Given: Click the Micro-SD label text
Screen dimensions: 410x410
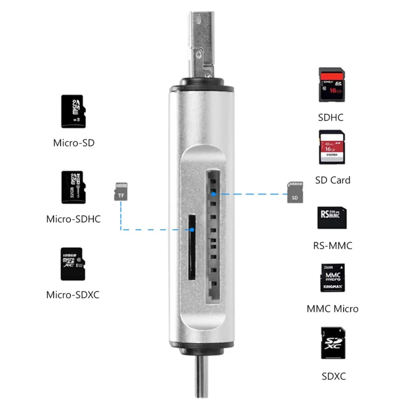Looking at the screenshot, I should pos(74,143).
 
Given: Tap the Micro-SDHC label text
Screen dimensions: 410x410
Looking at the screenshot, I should pos(73,219).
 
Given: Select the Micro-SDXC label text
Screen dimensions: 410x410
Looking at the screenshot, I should pos(73,294).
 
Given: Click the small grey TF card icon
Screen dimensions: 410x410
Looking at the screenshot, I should pos(120,191).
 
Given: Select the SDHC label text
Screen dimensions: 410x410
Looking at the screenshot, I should pos(330,118).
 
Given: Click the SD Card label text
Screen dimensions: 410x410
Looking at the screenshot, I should pos(333,180).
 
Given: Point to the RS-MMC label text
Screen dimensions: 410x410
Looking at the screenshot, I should pos(332,246).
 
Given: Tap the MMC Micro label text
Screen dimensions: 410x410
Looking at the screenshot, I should pos(332,309).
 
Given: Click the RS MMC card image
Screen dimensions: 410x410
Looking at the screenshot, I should pos(331,217).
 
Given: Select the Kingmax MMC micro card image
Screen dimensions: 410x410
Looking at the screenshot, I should pos(332,277).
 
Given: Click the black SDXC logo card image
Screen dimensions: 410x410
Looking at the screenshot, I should pos(332,343).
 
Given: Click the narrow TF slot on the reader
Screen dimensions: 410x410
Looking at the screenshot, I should pos(191,247).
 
